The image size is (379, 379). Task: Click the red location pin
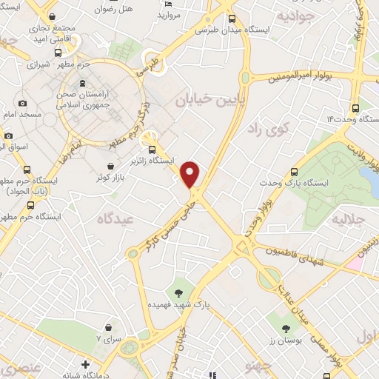191,173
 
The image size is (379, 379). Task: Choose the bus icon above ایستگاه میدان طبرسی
232,19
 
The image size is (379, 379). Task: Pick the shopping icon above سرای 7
109,326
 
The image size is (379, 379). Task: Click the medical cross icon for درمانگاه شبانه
86,363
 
